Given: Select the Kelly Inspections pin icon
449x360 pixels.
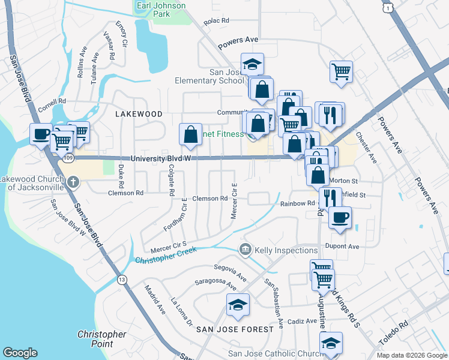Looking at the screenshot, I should [x=246, y=249].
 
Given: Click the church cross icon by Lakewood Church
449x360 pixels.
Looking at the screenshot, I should [x=73, y=181].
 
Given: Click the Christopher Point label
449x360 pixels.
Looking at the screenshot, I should [x=102, y=339].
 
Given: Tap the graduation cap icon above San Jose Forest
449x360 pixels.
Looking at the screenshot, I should [x=238, y=305].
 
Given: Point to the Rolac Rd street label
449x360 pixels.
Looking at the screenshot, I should [x=217, y=20].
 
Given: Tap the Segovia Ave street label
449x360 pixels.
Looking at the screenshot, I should [x=231, y=271].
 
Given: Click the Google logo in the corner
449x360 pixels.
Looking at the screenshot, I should [x=20, y=353].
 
